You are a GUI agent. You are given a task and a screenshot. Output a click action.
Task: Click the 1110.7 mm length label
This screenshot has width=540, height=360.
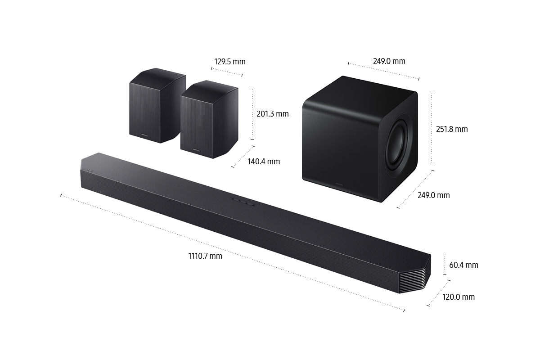point(205,256)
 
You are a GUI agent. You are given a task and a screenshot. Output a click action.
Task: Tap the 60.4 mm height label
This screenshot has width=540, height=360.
point(463,265)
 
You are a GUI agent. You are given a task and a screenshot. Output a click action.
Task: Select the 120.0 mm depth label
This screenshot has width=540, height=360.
point(459,297)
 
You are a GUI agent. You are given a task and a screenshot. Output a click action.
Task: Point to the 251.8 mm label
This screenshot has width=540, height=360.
point(452,129)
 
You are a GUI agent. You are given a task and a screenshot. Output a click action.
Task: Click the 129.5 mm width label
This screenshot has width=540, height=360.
point(229,62)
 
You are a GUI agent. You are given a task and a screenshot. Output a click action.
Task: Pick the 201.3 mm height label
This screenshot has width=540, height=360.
point(272,114)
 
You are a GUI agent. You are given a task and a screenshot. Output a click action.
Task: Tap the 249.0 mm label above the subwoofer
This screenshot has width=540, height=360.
point(389,61)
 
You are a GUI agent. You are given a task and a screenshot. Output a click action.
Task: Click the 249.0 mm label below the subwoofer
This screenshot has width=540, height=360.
point(433,195)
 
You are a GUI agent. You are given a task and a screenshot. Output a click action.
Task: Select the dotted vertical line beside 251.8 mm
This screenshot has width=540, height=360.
point(432,128)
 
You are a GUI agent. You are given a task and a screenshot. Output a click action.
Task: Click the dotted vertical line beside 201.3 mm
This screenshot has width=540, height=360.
point(252,113)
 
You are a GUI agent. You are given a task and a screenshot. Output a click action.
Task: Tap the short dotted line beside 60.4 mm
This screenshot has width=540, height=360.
point(445,265)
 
